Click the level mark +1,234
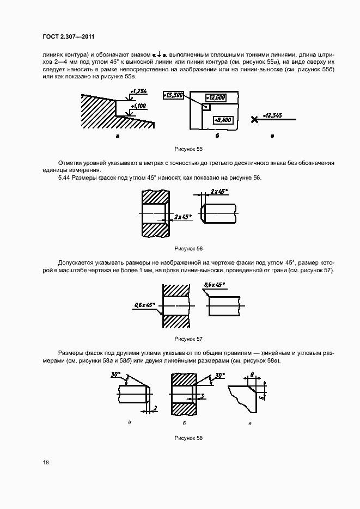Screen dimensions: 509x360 pyautogui.click(x=139, y=92)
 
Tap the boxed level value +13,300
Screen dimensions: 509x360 pyautogui.click(x=174, y=95)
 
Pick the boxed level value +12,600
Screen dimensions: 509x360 pyautogui.click(x=217, y=97)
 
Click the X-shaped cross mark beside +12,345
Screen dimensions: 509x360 pyautogui.click(x=254, y=119)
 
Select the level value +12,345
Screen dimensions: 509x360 pyautogui.click(x=272, y=115)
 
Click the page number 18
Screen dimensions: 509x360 pyautogui.click(x=46, y=463)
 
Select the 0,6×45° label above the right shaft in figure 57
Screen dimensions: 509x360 pyautogui.click(x=215, y=285)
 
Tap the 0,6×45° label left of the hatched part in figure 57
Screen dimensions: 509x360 pyautogui.click(x=144, y=305)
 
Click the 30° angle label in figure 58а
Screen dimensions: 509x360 pyautogui.click(x=115, y=375)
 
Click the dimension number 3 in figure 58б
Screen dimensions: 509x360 pyautogui.click(x=202, y=396)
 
